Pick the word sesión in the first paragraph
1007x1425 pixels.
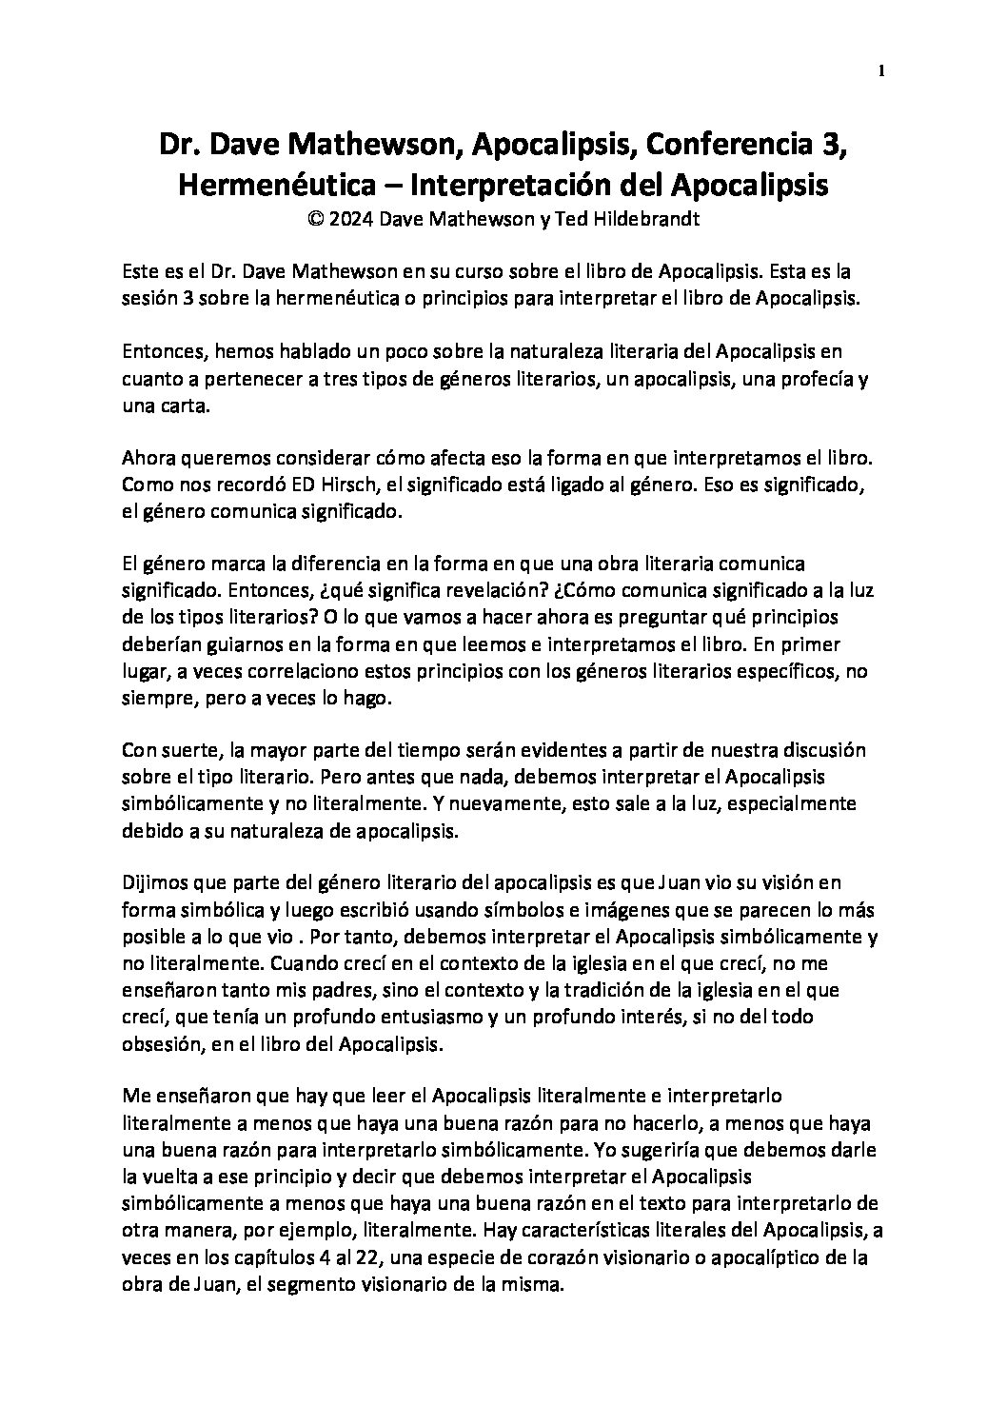click(148, 297)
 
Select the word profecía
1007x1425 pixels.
click(809, 378)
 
